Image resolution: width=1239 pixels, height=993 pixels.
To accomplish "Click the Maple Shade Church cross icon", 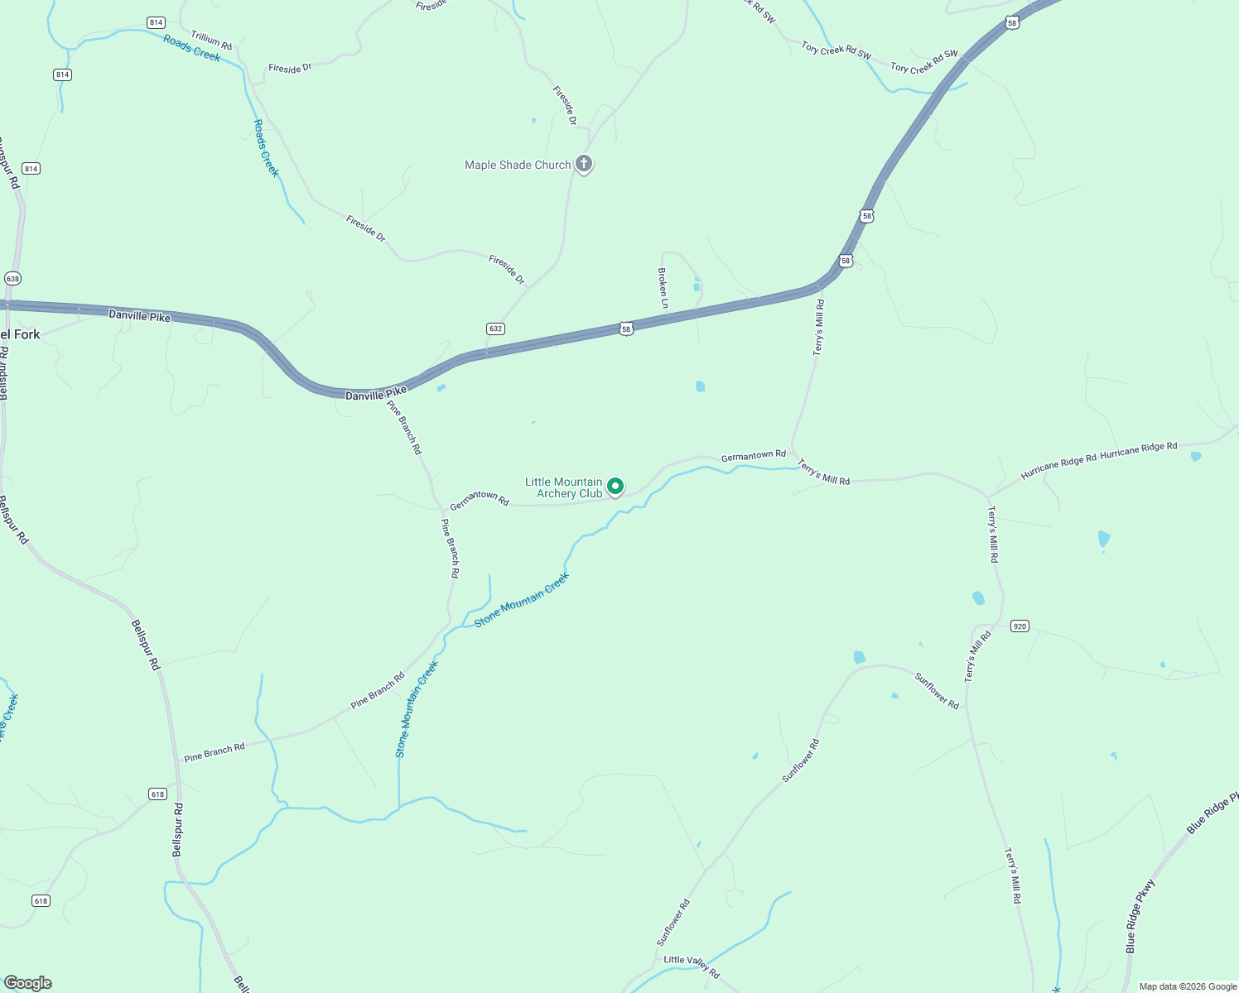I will (584, 164).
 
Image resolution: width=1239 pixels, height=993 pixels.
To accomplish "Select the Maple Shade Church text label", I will (518, 165).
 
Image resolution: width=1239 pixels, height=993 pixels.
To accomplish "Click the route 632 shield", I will (495, 329).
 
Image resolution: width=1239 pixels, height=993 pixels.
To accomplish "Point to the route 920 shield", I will (1020, 626).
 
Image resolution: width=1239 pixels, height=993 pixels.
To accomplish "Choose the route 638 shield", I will (12, 279).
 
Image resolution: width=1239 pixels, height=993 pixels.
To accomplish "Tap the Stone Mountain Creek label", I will (522, 600).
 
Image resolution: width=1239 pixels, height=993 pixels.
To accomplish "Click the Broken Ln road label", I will (663, 288).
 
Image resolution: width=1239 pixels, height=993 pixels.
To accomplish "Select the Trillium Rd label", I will (211, 40).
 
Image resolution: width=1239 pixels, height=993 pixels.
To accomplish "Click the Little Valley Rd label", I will (692, 965).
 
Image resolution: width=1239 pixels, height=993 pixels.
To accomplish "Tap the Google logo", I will (27, 983).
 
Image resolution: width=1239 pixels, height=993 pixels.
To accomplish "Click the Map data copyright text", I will (1188, 986).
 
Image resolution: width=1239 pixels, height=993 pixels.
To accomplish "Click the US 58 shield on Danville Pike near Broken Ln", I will (626, 329).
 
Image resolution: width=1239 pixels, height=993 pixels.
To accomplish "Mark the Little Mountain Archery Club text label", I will (564, 487).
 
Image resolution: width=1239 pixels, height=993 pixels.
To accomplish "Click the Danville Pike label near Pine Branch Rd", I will (376, 395).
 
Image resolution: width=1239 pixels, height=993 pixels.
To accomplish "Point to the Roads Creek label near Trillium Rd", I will (191, 48).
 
